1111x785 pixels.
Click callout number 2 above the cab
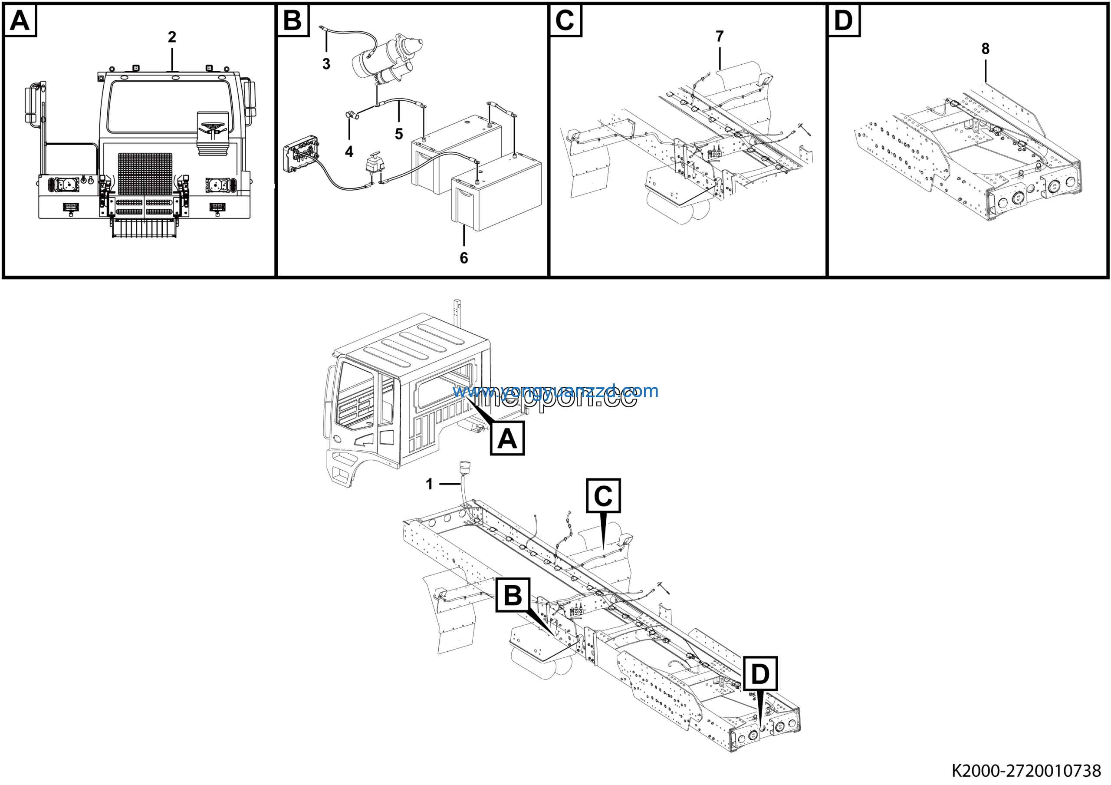(172, 37)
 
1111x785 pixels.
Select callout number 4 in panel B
(349, 152)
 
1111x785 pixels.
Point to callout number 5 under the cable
(399, 134)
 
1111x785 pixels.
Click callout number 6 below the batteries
(463, 258)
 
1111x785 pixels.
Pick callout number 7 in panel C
(720, 36)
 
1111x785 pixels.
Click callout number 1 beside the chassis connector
(429, 484)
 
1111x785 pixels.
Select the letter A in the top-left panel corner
(20, 21)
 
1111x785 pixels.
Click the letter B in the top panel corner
(292, 21)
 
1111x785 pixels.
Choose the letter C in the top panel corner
(565, 21)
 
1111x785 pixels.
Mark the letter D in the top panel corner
(843, 21)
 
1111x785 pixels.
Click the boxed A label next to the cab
(507, 439)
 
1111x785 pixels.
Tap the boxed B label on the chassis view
(513, 595)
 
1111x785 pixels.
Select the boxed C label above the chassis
(603, 496)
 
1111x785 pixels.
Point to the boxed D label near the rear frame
(760, 674)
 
